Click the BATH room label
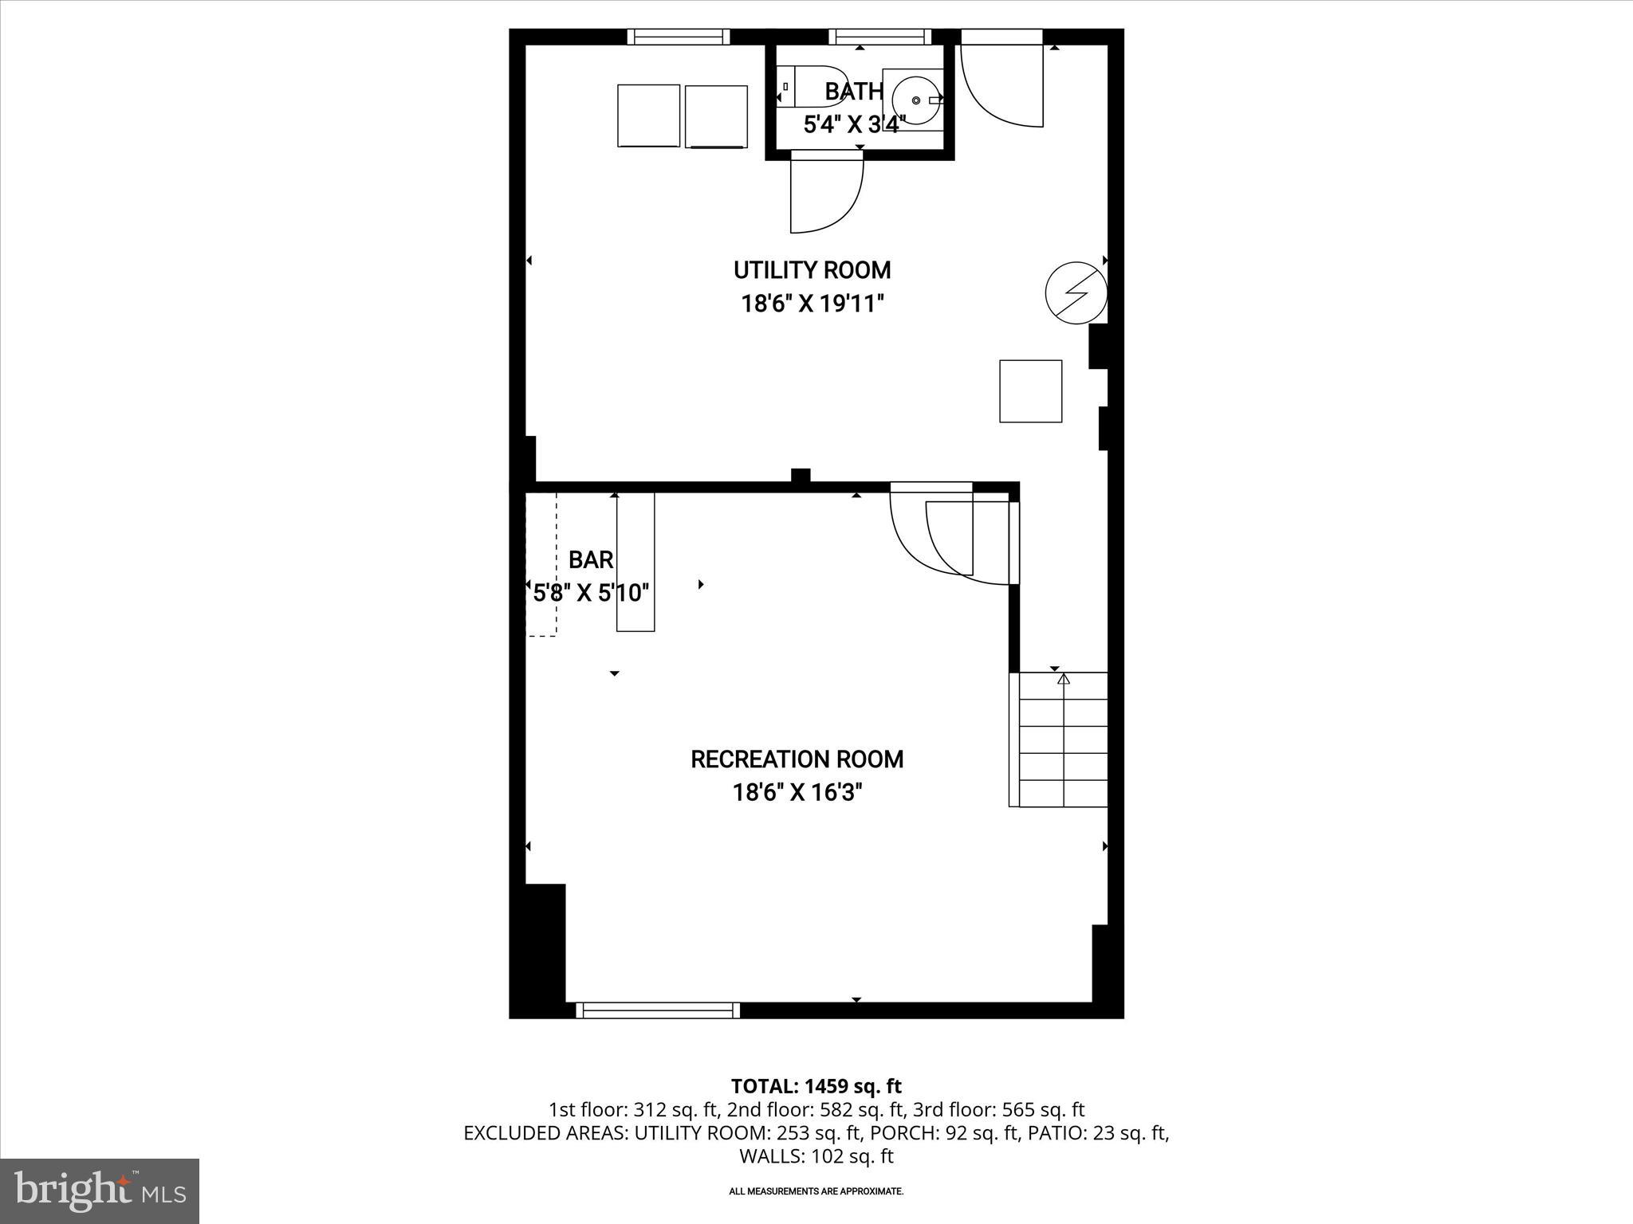(853, 92)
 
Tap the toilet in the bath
(809, 86)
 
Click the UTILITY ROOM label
(812, 270)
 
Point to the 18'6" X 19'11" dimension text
(813, 304)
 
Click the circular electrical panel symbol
(1076, 292)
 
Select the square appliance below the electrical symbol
(1030, 391)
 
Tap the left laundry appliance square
(648, 116)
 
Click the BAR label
(591, 560)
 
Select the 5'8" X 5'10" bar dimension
(591, 593)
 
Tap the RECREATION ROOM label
(797, 759)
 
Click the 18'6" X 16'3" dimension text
(797, 793)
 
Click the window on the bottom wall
(657, 1010)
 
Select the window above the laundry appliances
(678, 37)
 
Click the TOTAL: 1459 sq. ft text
(816, 1086)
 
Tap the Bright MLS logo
(99, 1191)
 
